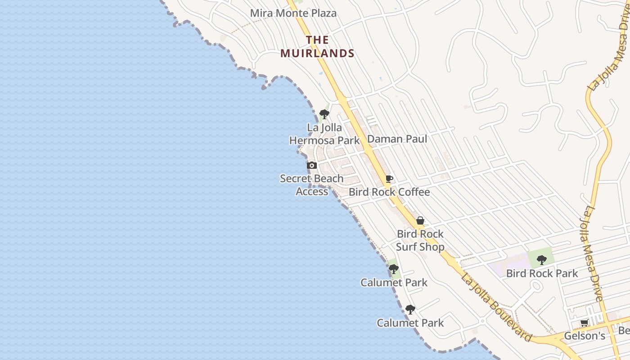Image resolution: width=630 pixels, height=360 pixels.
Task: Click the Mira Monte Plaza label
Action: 293,13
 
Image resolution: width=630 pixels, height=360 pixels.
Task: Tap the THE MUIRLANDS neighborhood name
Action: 317,46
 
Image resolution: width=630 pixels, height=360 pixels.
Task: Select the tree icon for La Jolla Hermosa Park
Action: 324,114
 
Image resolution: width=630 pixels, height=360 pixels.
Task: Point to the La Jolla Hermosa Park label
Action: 324,134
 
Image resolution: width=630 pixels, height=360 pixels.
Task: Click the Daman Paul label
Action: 397,139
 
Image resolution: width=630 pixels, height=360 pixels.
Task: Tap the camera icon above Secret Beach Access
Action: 311,166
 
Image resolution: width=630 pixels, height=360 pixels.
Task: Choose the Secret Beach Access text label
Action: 311,185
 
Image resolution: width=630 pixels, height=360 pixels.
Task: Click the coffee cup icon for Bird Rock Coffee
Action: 389,179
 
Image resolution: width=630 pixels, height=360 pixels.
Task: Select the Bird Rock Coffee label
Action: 389,192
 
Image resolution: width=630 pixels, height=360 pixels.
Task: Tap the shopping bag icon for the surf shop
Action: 420,220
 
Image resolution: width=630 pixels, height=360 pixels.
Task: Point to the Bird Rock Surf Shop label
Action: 420,240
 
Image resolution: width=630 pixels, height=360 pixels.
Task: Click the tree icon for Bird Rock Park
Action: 542,260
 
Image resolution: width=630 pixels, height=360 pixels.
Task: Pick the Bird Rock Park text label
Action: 542,273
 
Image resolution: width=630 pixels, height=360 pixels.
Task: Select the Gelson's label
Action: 585,336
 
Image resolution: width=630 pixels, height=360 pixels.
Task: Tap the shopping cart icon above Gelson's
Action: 585,323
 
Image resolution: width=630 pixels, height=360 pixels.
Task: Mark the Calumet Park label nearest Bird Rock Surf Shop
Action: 394,283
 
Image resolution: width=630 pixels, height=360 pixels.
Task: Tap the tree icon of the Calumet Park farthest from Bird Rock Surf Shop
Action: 410,310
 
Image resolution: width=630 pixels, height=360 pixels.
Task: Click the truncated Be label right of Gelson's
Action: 624,331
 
